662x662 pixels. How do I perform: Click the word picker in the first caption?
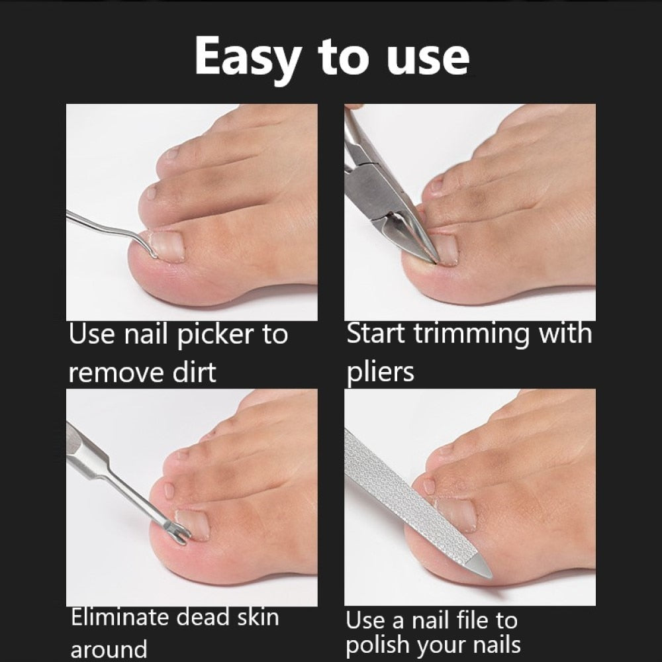[x=214, y=335]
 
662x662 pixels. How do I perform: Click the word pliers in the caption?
[x=381, y=372]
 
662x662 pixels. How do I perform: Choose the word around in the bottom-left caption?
[x=109, y=649]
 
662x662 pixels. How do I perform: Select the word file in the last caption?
[x=466, y=620]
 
